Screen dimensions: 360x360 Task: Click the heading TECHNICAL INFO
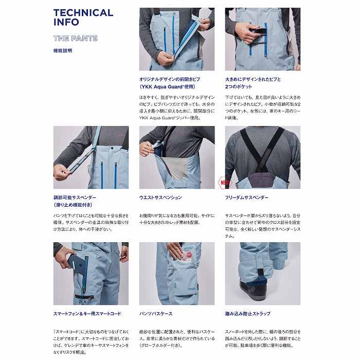pos(83,17)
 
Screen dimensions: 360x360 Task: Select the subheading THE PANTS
pos(75,38)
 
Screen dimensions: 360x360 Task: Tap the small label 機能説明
pos(62,50)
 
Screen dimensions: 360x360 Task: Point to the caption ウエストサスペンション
pos(160,197)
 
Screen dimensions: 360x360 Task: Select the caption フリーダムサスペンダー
pos(247,197)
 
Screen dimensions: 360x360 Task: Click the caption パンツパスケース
pos(155,313)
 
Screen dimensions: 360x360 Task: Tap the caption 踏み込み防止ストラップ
pos(247,313)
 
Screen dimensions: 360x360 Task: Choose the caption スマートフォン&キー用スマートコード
pos(87,313)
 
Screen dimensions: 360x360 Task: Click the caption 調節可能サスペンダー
pos(75,197)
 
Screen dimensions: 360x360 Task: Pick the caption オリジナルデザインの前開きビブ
pos(169,79)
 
